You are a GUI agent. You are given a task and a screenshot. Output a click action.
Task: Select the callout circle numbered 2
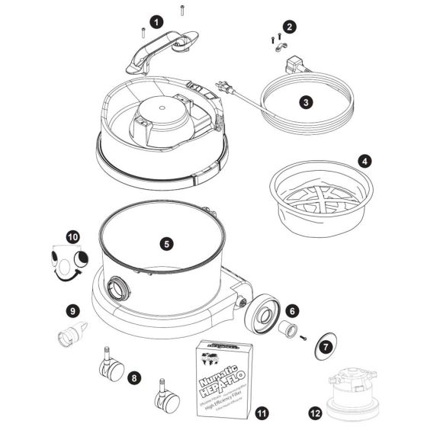(287, 27)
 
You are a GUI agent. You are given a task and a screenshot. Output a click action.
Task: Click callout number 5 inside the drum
(166, 244)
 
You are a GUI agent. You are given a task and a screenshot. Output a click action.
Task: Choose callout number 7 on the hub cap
(326, 346)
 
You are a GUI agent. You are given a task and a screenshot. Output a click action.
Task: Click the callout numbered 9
(73, 310)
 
